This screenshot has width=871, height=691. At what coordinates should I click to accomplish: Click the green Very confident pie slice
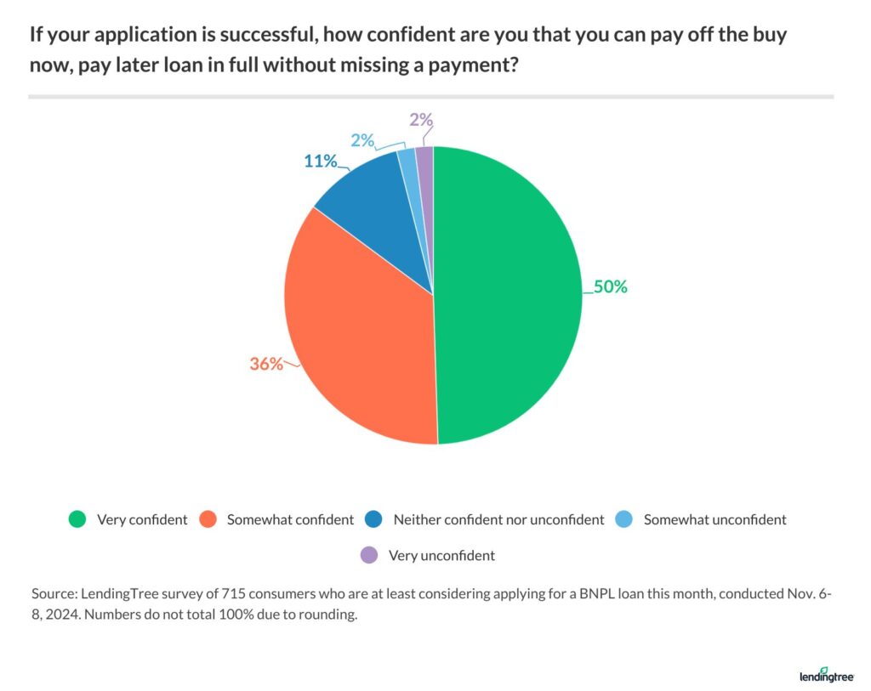tap(510, 297)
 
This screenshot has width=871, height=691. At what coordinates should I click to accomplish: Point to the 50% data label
tap(610, 287)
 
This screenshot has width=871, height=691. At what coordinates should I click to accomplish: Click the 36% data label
tap(265, 364)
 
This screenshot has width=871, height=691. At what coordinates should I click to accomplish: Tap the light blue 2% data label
tap(361, 140)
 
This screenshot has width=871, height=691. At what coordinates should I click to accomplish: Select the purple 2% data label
tap(420, 120)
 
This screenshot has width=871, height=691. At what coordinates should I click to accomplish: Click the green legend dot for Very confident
tap(77, 519)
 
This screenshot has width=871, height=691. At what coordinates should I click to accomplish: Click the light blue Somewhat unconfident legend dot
tap(623, 519)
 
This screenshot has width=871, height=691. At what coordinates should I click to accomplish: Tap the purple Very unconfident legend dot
tap(368, 556)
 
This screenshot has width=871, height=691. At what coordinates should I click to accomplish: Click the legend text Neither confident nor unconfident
tap(498, 519)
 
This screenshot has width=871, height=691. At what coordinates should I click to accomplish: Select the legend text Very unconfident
tap(441, 556)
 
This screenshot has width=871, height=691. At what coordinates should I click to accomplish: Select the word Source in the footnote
tap(51, 593)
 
